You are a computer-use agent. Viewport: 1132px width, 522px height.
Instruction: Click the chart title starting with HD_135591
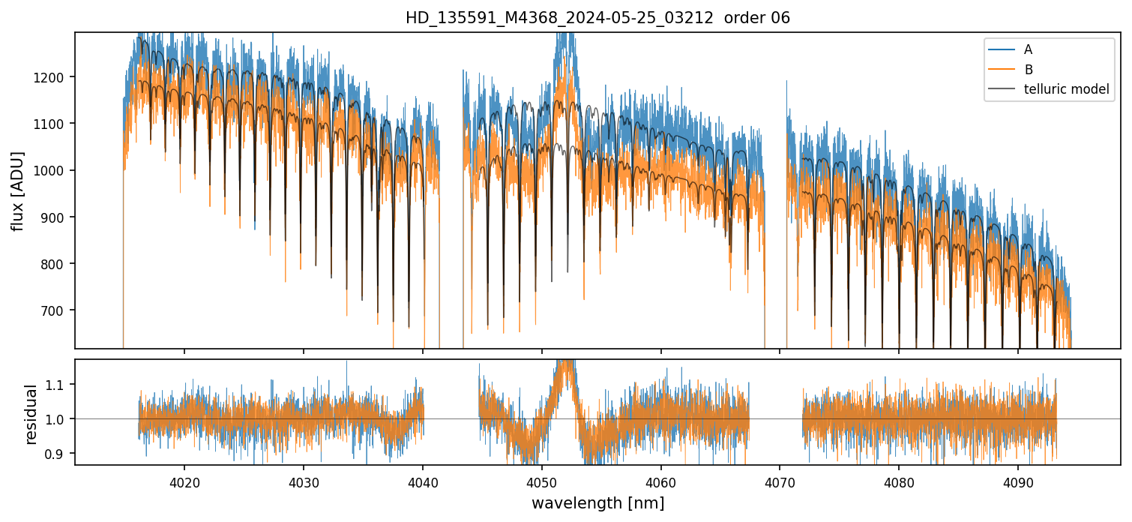coord(597,18)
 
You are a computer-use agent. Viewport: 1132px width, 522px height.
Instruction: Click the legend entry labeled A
coord(1028,49)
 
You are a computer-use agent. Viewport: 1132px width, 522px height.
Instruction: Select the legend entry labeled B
coord(1028,70)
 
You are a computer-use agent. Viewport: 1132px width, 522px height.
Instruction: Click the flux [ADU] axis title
coord(17,190)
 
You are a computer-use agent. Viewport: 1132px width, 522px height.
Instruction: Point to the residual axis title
coord(31,414)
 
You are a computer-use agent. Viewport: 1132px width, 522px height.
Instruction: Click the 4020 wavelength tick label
coord(184,481)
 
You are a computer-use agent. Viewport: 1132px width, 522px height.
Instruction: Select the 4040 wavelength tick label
coord(423,481)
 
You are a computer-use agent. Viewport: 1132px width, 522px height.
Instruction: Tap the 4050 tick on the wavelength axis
coord(542,481)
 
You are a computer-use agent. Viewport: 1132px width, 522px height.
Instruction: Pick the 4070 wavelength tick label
coord(780,481)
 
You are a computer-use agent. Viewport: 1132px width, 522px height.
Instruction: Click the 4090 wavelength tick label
coord(1018,481)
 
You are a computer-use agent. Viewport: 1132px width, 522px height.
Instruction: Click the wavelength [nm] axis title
coord(597,503)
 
